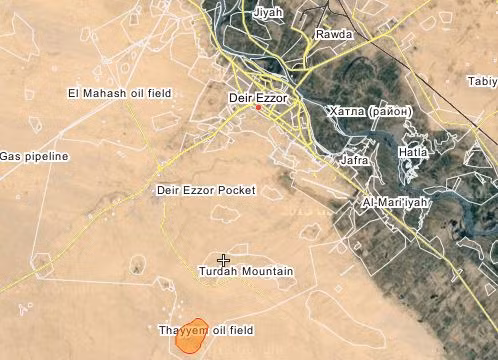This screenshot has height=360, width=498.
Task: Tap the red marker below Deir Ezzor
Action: pos(258,108)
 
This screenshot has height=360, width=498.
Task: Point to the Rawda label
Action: pos(334,34)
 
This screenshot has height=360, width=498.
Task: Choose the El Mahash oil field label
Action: pos(119,93)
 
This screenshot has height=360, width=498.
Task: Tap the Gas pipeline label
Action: pos(34,157)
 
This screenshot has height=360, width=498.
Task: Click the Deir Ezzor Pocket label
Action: pos(206,190)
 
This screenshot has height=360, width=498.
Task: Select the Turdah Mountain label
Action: pos(246,272)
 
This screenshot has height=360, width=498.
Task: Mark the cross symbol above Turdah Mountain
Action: pos(224,260)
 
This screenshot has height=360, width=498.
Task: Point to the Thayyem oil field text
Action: pos(206,330)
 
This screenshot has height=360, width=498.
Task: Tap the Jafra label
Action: pos(354,159)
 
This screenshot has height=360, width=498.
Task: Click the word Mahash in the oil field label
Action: pos(105,93)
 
